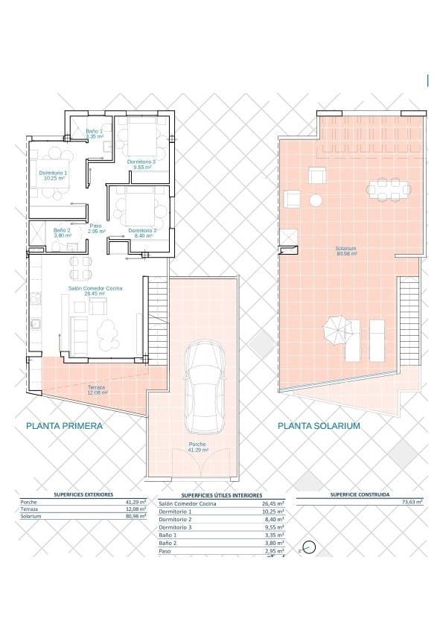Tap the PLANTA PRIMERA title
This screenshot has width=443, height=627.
64,426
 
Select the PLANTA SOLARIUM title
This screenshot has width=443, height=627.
319,426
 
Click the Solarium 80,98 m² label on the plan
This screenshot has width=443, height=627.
345,251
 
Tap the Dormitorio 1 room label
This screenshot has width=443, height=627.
53,176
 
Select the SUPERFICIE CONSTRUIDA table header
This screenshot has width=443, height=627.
360,494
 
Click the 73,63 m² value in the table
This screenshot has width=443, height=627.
412,503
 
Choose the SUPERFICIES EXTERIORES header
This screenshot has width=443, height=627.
83,494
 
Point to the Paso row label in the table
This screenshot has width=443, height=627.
166,553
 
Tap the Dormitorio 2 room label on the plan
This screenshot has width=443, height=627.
142,232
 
